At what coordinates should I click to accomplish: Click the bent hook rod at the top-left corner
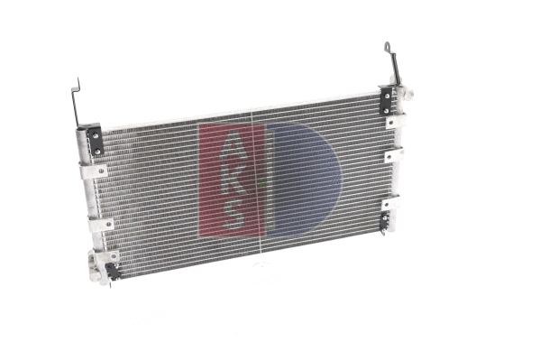(77, 99)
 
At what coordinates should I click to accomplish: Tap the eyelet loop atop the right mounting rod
(388, 46)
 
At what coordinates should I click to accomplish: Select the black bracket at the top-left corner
(95, 140)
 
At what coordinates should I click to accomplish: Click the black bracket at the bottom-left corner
(112, 271)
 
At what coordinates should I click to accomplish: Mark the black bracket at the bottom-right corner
(386, 221)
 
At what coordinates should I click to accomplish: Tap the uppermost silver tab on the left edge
(93, 170)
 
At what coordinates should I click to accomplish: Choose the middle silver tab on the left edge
(100, 224)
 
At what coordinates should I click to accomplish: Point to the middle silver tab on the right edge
(393, 156)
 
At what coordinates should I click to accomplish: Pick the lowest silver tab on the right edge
(389, 204)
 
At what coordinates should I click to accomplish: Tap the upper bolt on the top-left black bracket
(93, 133)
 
